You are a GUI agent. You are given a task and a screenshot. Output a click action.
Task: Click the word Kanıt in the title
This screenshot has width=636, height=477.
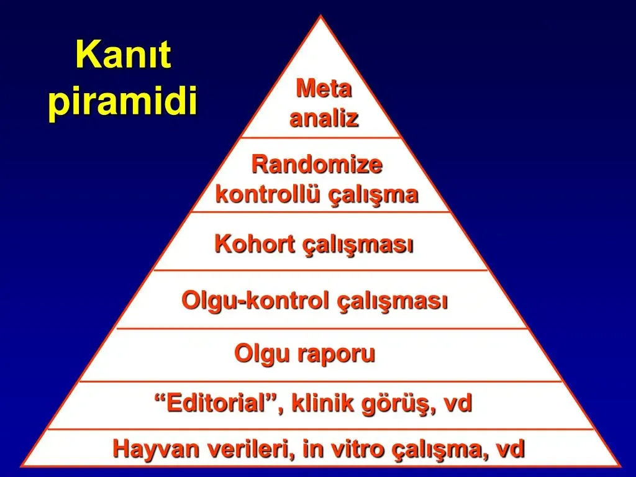click(x=123, y=57)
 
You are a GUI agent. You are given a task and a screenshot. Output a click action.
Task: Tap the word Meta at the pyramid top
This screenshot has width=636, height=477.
click(x=324, y=89)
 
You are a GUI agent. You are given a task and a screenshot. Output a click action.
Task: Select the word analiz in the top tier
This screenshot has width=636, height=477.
click(x=324, y=118)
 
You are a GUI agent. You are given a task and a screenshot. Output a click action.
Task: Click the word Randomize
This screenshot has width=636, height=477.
click(x=317, y=165)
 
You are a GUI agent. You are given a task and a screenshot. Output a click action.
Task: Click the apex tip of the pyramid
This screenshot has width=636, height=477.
click(x=320, y=17)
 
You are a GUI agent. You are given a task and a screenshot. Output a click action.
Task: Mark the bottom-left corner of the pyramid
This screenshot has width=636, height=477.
click(x=22, y=465)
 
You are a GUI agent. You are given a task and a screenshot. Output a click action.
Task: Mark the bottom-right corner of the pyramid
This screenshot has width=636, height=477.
click(x=620, y=465)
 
